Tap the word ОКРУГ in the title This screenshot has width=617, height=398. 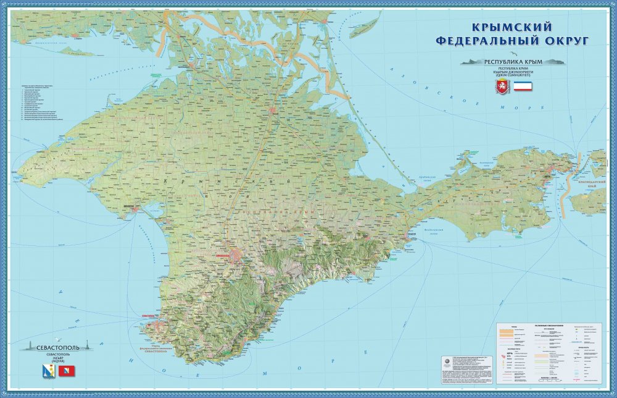tap(560, 41)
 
